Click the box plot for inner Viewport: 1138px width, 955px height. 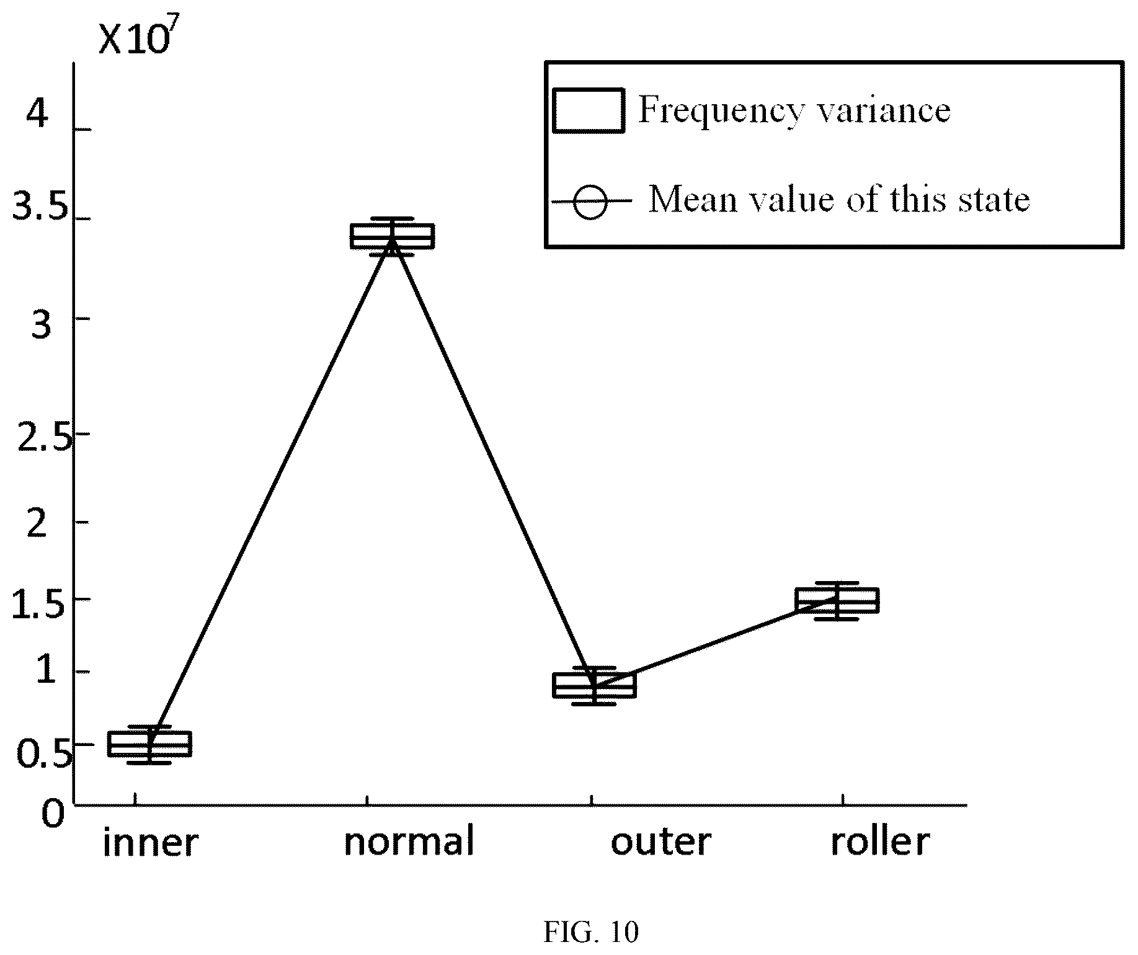point(149,744)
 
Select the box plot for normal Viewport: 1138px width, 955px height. point(392,236)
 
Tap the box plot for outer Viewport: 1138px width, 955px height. point(594,685)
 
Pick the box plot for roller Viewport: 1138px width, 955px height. point(837,600)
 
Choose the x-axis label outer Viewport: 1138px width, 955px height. point(661,843)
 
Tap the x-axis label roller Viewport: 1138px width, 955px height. point(881,842)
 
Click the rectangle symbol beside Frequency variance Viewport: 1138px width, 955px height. point(588,110)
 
